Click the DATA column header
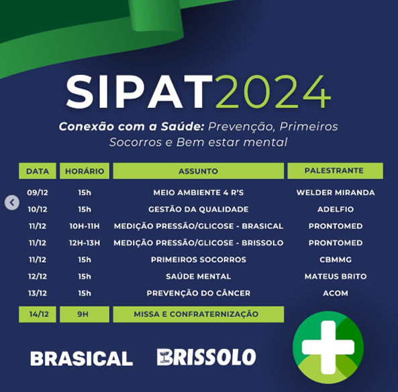38,171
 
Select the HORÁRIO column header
85,171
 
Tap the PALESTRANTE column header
336,171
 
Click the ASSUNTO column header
199,171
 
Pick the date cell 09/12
38,192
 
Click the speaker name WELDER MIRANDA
336,192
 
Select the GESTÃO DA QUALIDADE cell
199,209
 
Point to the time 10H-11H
85,226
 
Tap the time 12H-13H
85,243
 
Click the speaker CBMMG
336,259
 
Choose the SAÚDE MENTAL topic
199,276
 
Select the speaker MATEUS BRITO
336,276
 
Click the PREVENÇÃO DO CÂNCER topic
199,293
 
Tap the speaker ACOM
336,293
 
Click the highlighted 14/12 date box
38,314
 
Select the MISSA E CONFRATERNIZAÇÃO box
199,314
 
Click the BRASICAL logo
81,358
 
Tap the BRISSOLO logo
206,357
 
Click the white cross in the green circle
328,347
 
